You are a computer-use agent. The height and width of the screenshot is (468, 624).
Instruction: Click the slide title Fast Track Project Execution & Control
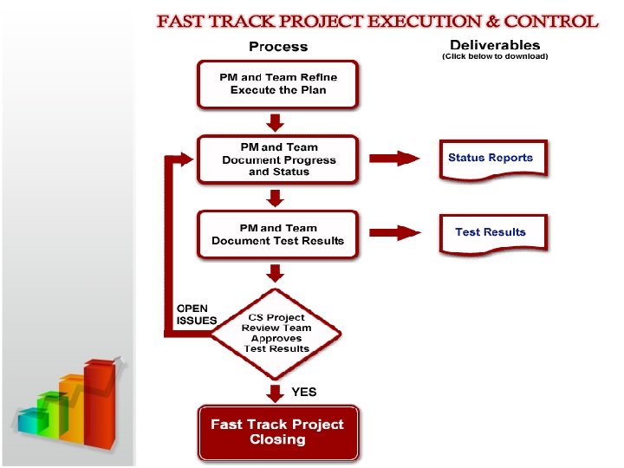(x=377, y=21)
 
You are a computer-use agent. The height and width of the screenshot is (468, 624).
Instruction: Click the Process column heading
(x=278, y=46)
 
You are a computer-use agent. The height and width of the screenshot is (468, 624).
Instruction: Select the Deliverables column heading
(x=495, y=44)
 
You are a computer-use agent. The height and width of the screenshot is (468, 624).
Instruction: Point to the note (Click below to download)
(x=495, y=56)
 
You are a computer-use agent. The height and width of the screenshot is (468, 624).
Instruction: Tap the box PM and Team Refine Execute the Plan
(x=278, y=84)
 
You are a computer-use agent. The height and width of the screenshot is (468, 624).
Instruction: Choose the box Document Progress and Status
(x=278, y=159)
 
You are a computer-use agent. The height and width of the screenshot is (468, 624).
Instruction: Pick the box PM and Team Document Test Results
(x=278, y=234)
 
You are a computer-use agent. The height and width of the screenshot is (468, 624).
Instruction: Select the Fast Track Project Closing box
(x=277, y=432)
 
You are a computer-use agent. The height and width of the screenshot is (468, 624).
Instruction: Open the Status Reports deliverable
(x=491, y=159)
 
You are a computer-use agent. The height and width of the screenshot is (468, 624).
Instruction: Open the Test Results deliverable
(x=491, y=233)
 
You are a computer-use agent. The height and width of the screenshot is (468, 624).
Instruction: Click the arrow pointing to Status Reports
(x=396, y=158)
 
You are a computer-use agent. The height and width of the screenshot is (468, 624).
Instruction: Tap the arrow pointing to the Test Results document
(x=396, y=232)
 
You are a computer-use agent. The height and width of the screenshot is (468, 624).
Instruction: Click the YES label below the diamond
(x=304, y=392)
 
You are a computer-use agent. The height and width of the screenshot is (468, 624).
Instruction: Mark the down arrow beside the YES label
(x=276, y=393)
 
